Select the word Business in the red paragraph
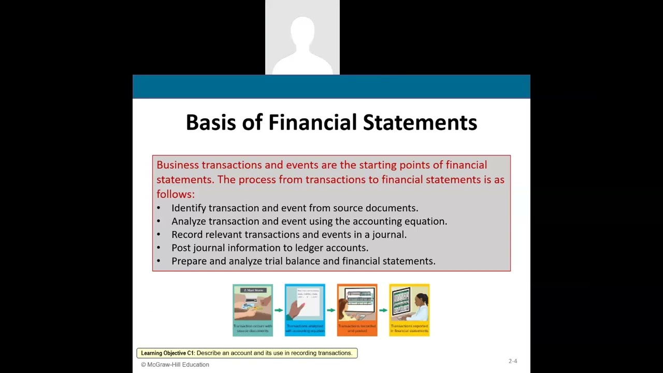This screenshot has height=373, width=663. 178,165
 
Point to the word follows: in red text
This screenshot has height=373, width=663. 176,194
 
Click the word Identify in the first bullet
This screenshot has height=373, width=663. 189,208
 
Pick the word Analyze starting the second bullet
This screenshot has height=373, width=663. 189,222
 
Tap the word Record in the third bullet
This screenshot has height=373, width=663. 187,235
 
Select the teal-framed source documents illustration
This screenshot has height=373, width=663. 253,310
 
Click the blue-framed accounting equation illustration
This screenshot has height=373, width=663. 305,310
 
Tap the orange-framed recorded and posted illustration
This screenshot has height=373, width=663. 357,310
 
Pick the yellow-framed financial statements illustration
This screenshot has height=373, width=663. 409,310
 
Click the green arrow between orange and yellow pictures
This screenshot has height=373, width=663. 383,310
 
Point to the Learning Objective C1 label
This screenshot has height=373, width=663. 167,353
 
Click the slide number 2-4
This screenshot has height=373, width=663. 512,361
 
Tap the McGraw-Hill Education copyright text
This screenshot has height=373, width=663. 175,365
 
